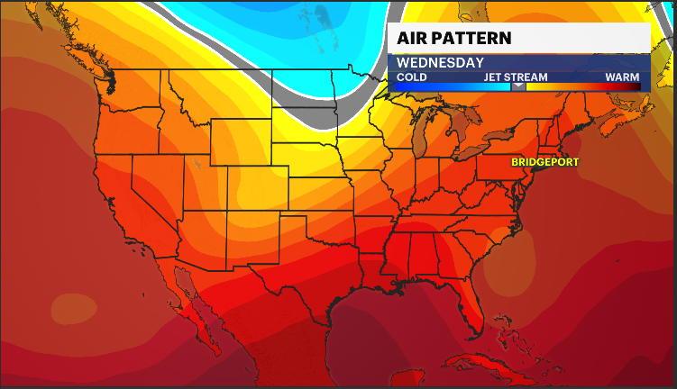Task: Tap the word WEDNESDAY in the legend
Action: (x=440, y=63)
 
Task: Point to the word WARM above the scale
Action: (x=622, y=77)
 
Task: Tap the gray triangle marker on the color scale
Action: (x=518, y=86)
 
